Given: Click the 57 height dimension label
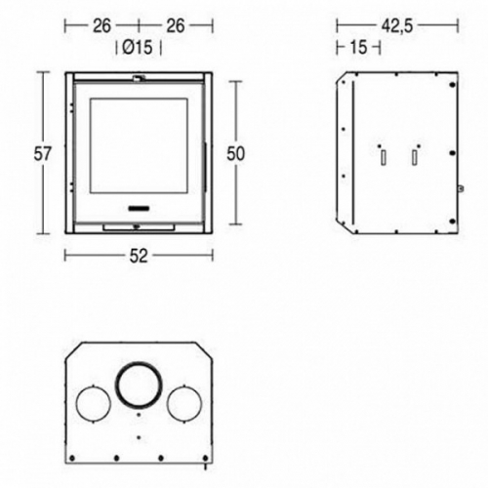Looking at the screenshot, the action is point(42,153).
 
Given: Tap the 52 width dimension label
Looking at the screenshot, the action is point(139,256).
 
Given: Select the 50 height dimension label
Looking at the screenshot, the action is point(235,153).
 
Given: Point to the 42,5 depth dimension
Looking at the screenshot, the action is point(397,25).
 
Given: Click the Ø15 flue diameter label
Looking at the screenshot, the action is point(138,48).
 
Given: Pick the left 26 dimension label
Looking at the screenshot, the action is point(102,25).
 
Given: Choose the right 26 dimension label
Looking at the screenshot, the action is point(176,25).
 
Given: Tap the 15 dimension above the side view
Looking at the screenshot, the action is point(358,48).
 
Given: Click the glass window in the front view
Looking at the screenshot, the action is point(139,146).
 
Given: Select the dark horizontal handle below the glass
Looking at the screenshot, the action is point(139,208).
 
